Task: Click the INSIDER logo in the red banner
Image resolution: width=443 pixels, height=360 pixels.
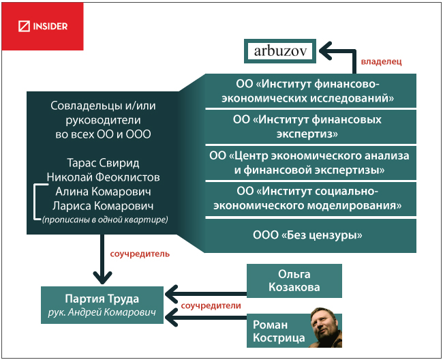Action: pyautogui.click(x=43, y=27)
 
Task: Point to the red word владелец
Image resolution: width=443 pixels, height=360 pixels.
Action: pyautogui.click(x=381, y=61)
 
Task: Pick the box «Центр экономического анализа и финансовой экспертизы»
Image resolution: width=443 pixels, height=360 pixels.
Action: pyautogui.click(x=311, y=162)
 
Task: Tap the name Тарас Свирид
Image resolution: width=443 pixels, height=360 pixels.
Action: pyautogui.click(x=104, y=163)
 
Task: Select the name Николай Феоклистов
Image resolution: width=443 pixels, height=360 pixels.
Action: pyautogui.click(x=104, y=177)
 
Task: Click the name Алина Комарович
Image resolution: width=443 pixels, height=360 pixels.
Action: pyautogui.click(x=104, y=192)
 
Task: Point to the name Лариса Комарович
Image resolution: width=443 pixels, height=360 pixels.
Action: pyautogui.click(x=104, y=205)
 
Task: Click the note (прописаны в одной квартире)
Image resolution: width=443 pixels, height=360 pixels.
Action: pyautogui.click(x=104, y=220)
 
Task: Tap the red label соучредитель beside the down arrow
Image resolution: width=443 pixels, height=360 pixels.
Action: pyautogui.click(x=139, y=254)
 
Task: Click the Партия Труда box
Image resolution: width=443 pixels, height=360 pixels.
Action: pyautogui.click(x=102, y=305)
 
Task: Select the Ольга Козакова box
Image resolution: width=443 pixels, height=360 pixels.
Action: pyautogui.click(x=294, y=280)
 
